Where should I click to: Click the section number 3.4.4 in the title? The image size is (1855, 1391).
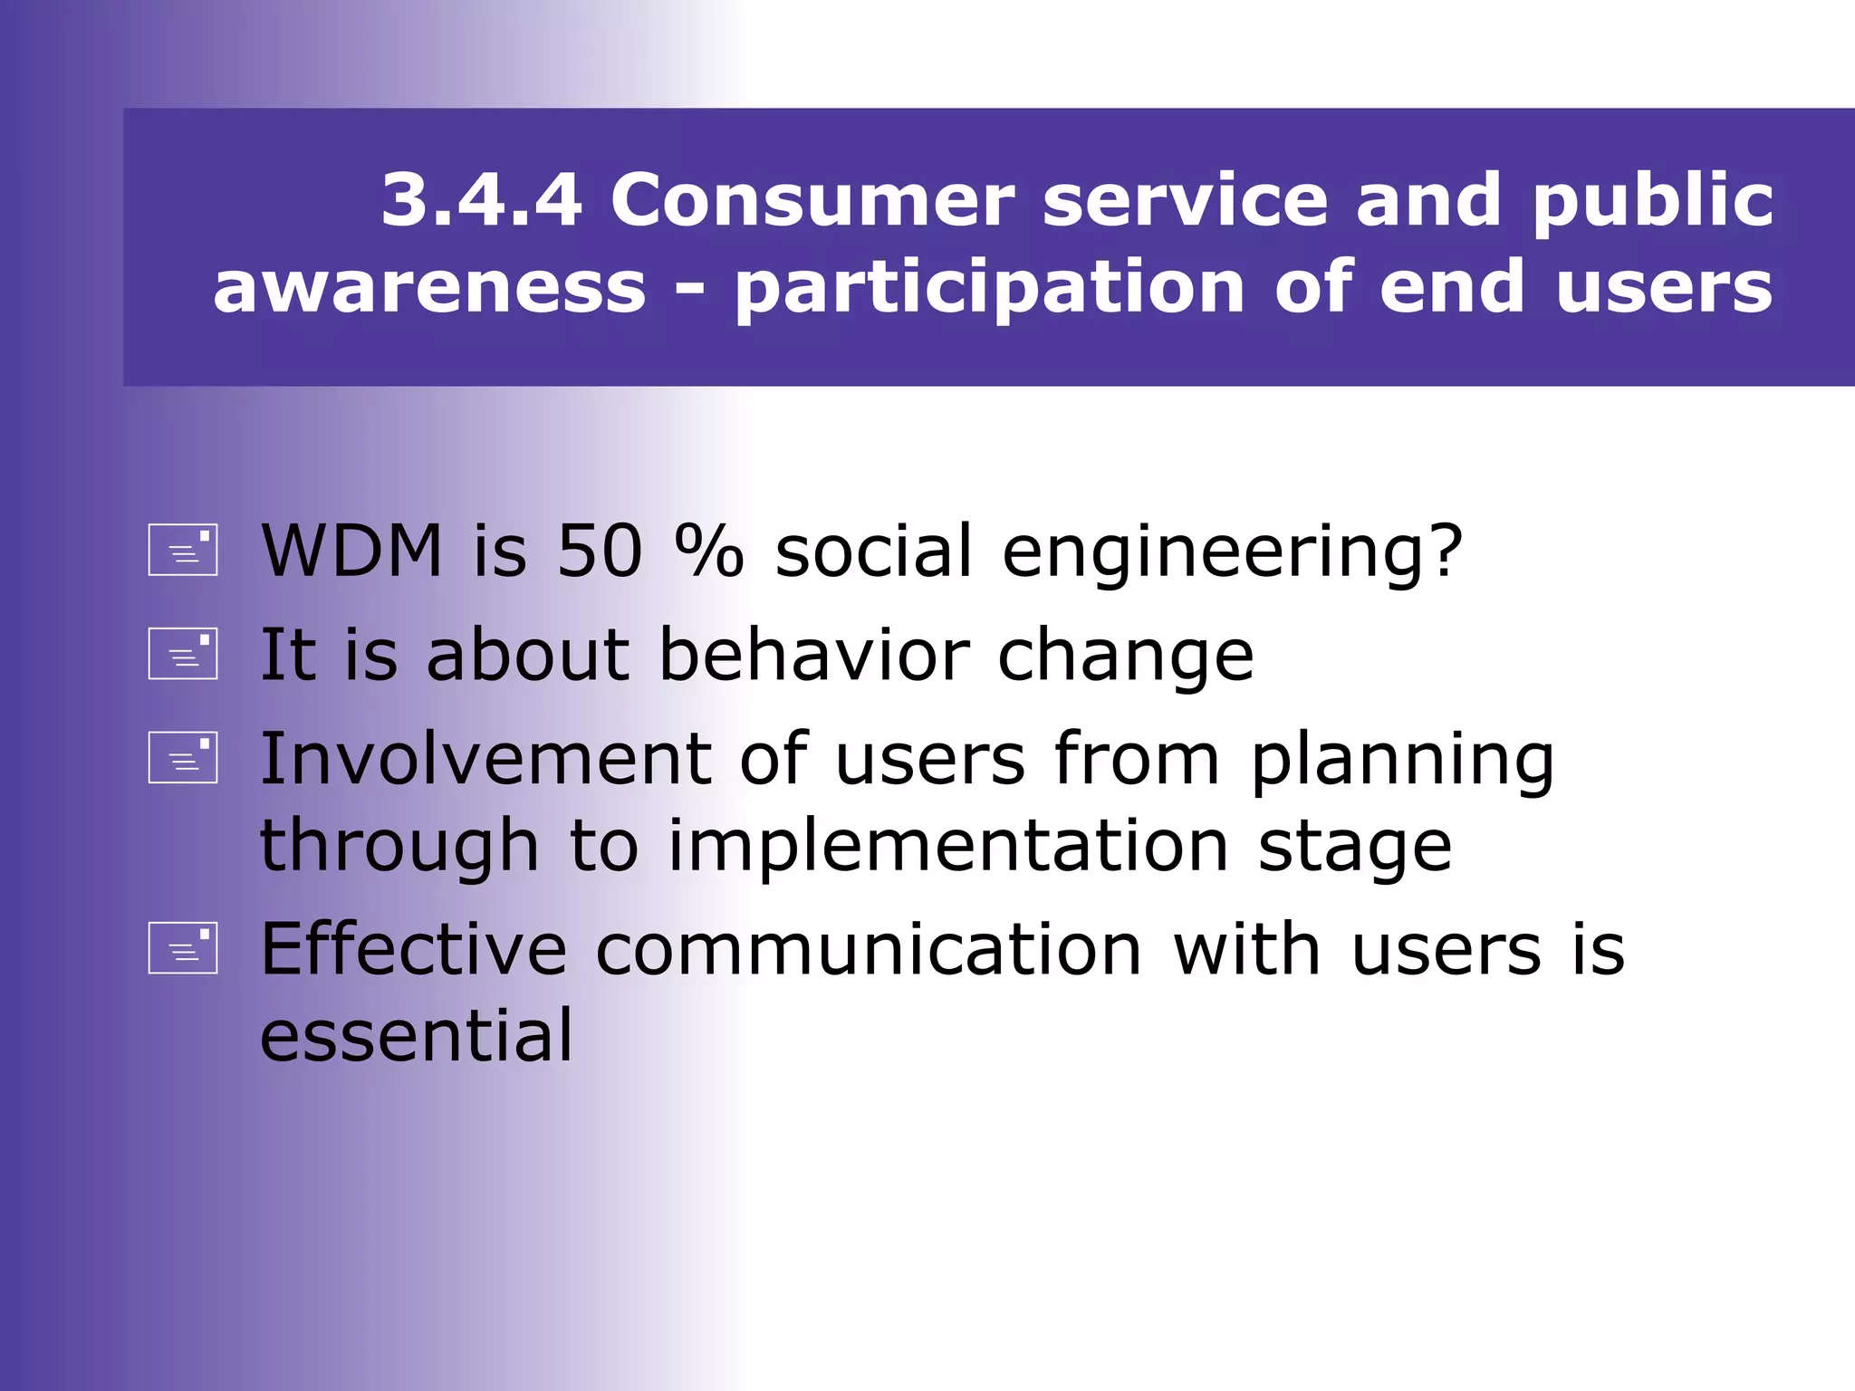click(481, 200)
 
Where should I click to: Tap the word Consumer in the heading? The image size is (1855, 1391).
click(812, 200)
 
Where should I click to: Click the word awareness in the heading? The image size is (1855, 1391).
click(429, 287)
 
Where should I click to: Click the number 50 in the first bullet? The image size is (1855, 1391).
click(599, 551)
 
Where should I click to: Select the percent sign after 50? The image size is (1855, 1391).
click(709, 551)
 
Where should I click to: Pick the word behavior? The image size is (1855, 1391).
click(814, 655)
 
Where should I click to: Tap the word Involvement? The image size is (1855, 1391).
click(485, 759)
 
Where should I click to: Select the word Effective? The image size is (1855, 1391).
click(413, 949)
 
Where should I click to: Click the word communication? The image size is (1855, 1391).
click(869, 950)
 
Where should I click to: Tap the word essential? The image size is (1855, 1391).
click(416, 1035)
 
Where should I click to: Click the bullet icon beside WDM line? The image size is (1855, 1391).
click(183, 550)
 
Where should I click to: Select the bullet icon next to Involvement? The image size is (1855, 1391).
click(183, 757)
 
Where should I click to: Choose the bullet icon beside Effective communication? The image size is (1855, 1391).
click(183, 948)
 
